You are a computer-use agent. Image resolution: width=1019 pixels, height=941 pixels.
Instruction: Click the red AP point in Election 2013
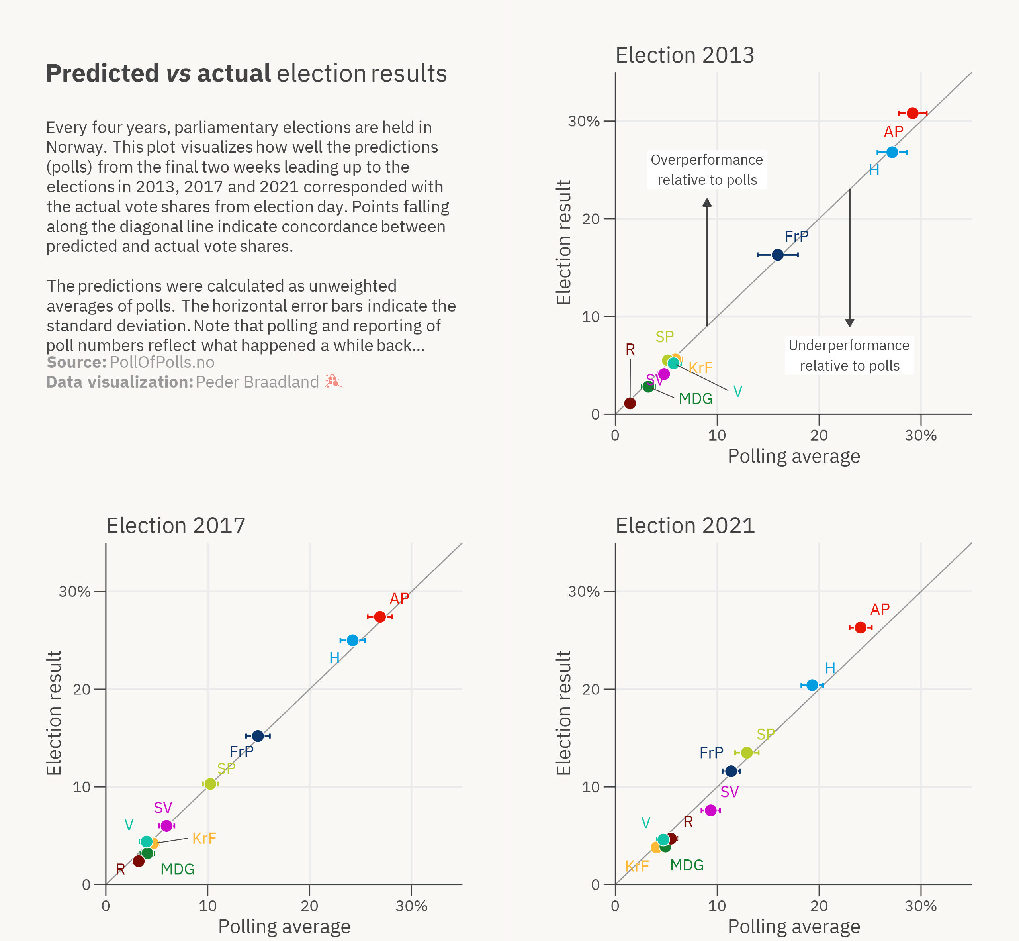point(912,113)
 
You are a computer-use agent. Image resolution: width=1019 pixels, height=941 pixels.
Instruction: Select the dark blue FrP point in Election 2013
point(777,255)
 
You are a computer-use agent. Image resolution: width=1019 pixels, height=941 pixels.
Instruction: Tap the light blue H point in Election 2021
point(812,685)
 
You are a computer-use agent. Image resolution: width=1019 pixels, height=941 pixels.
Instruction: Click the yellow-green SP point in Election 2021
point(747,753)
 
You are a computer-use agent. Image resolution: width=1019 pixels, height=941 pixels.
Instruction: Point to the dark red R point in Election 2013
point(630,403)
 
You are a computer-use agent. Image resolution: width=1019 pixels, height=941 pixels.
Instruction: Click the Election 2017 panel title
point(176,525)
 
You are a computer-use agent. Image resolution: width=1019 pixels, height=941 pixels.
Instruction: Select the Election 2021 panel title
point(685,525)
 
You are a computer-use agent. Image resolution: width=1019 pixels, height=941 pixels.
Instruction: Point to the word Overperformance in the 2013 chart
point(706,160)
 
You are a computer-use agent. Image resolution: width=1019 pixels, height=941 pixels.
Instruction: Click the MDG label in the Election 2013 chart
point(695,399)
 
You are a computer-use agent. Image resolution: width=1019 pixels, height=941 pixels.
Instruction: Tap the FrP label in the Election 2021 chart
point(711,753)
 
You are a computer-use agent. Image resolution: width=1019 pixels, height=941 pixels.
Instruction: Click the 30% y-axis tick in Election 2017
point(74,592)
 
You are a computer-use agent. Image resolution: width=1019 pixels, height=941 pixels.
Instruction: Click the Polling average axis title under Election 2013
point(794,456)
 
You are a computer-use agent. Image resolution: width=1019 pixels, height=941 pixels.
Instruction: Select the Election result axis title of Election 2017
point(54,713)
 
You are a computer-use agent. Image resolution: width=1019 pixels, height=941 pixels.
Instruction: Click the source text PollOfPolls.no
point(162,362)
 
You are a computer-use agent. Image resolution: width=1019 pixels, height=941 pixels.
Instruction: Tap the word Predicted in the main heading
point(102,73)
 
